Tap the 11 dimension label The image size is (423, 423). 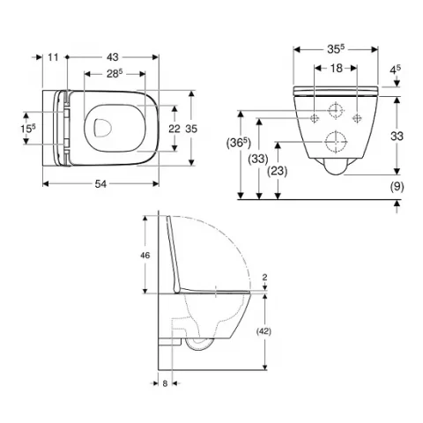[53, 56]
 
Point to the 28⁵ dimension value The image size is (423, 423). [114, 74]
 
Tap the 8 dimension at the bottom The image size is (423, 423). [165, 383]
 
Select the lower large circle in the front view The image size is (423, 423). [335, 141]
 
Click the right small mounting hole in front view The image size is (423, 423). [355, 118]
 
